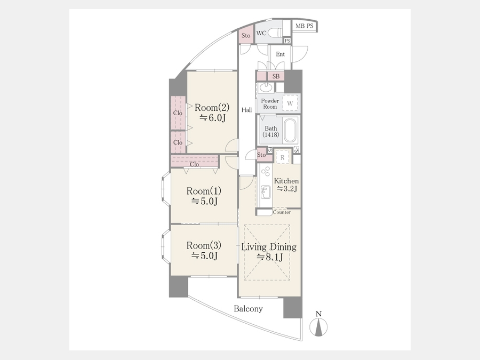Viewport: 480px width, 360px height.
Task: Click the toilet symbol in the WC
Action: [x=275, y=33]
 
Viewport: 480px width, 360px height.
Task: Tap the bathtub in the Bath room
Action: [x=290, y=131]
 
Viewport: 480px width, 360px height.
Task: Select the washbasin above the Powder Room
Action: [x=266, y=87]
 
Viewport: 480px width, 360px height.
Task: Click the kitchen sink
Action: [x=266, y=192]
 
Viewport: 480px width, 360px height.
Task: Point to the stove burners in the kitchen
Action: [x=266, y=171]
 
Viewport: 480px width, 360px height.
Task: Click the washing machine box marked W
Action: [x=290, y=103]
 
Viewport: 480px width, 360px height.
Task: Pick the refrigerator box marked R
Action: [x=283, y=157]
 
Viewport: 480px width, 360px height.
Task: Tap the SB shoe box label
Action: [x=276, y=76]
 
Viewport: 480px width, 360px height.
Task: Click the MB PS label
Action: [x=305, y=26]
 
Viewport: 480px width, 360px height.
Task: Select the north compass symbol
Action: [x=318, y=325]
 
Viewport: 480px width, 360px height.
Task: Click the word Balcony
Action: [x=248, y=309]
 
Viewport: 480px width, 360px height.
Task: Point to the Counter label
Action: [x=282, y=212]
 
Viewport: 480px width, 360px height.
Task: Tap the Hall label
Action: [x=247, y=109]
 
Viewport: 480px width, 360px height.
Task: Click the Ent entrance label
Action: [x=280, y=54]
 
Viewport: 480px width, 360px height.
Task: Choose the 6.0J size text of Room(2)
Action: [x=212, y=117]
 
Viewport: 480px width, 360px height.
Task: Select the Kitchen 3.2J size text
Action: [x=287, y=189]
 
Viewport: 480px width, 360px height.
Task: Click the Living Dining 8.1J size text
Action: [x=270, y=257]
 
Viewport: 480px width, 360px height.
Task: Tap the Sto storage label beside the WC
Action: [x=246, y=36]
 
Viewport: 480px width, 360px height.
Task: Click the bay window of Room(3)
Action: [x=166, y=247]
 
